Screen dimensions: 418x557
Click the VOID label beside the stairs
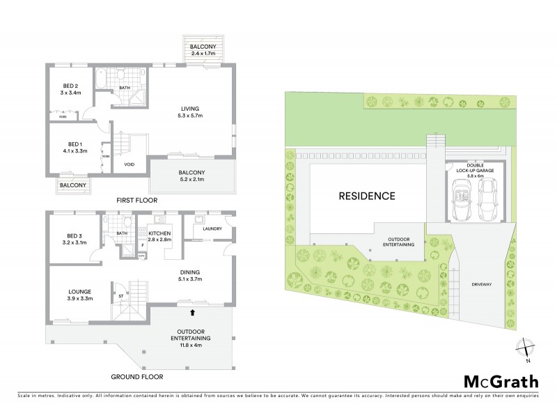click(129, 164)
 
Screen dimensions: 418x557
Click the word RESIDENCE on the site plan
click(367, 196)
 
